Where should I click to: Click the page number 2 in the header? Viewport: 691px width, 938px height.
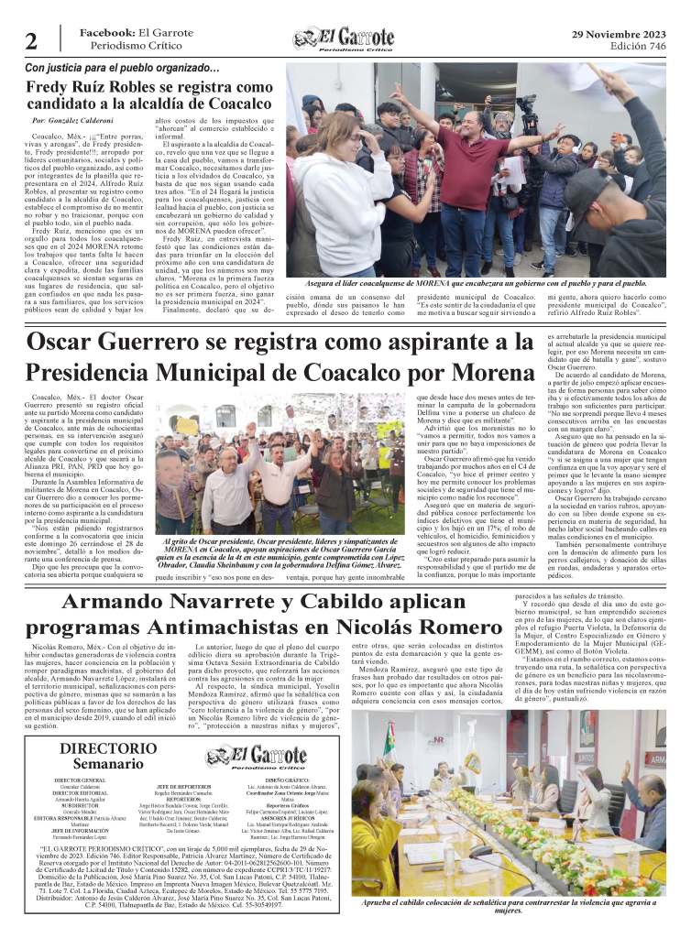point(31,40)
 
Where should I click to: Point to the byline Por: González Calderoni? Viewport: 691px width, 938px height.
point(72,121)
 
